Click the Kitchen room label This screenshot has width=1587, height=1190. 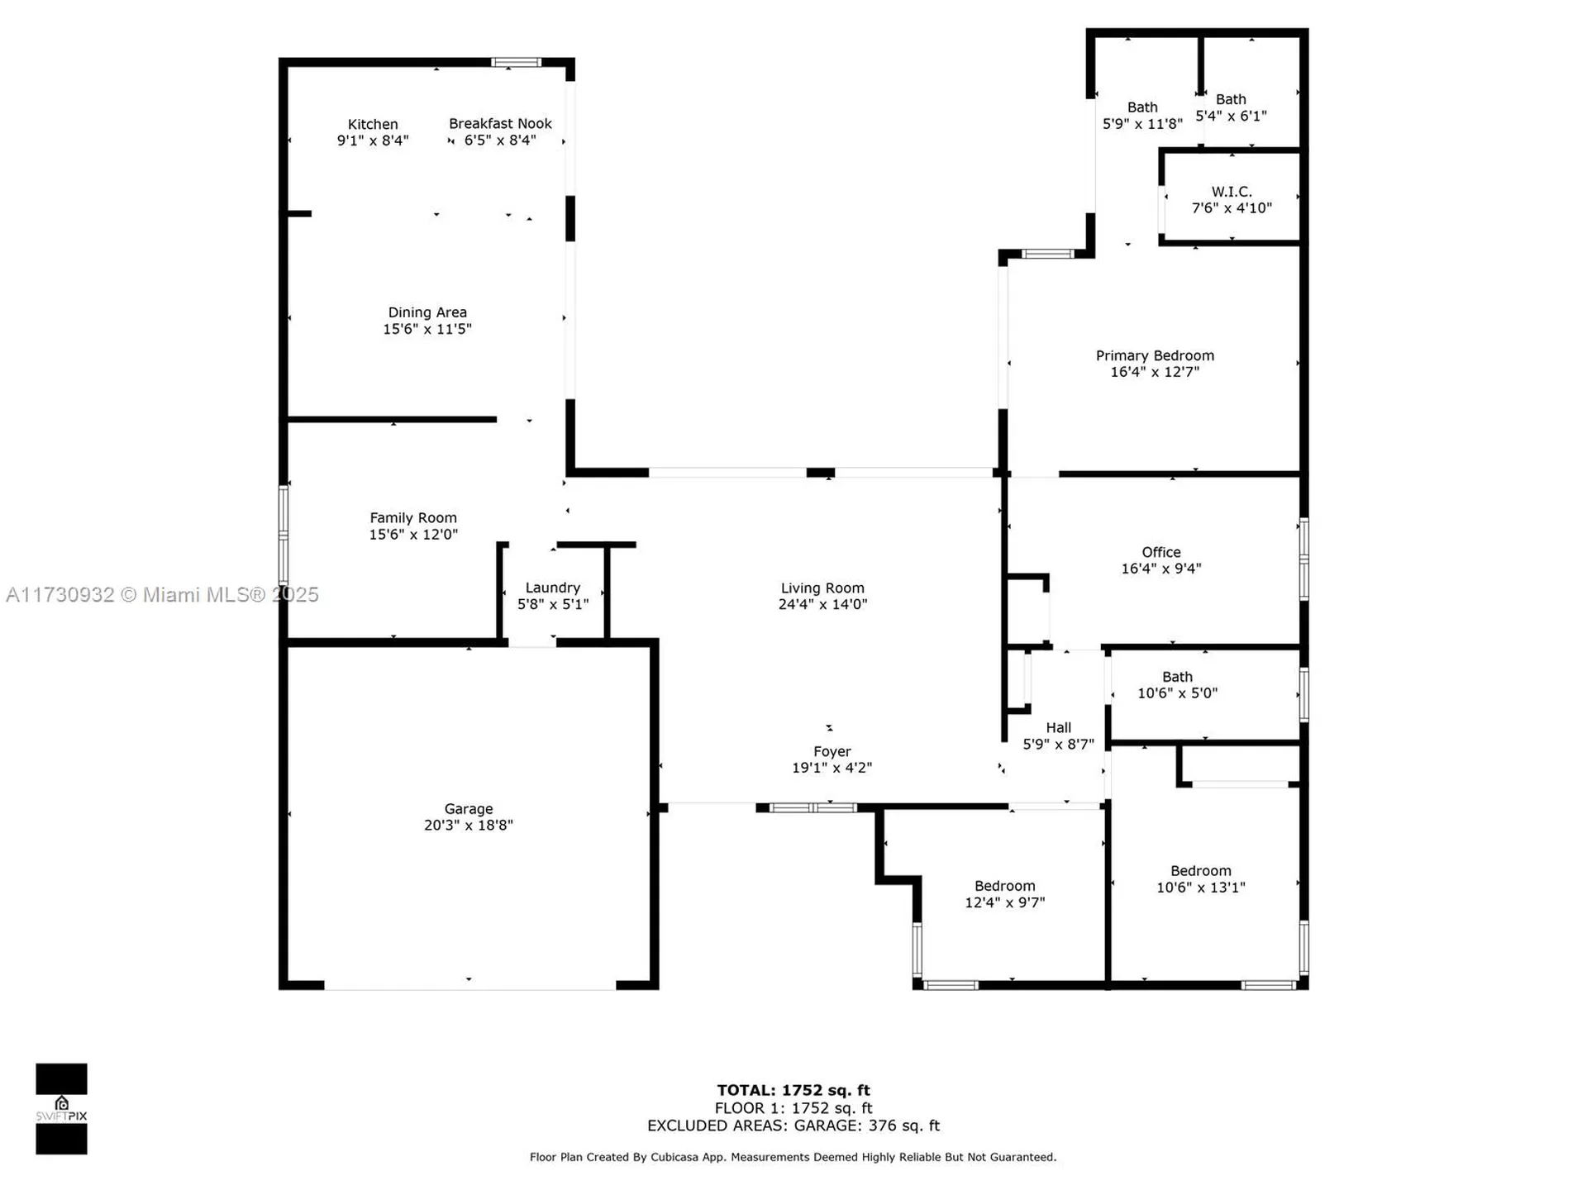372,125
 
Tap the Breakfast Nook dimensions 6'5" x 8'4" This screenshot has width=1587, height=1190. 500,140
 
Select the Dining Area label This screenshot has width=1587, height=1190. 427,312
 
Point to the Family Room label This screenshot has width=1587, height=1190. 412,518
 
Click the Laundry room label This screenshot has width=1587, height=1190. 552,588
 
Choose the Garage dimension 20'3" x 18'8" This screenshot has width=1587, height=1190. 468,825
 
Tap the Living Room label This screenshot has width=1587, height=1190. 822,588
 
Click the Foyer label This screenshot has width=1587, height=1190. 832,751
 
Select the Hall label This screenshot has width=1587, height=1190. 1058,728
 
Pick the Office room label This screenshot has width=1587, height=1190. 1160,552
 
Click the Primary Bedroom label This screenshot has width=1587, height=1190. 1155,355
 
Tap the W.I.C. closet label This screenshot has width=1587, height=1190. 1232,192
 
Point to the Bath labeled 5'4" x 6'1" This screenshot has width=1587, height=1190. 1231,107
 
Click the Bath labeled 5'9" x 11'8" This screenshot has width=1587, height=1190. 1142,116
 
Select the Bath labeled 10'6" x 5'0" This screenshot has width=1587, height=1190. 1177,685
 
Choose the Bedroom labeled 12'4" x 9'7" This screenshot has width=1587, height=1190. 1004,894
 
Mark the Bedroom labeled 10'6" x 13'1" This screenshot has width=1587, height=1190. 1200,879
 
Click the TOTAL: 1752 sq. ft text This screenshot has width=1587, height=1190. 793,1090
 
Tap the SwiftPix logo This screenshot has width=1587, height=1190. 61,1108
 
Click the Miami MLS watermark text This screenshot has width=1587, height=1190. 162,594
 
